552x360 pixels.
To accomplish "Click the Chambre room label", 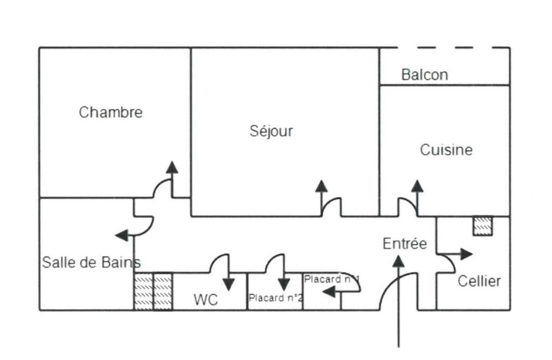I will tap(111, 113).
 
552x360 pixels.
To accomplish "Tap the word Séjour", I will tap(271, 131).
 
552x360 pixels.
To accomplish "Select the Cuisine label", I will tap(446, 150).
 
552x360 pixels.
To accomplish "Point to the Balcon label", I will tap(424, 75).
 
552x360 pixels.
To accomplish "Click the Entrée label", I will tap(404, 244).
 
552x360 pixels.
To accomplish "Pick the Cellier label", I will tap(479, 281).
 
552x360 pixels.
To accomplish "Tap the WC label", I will tap(206, 300).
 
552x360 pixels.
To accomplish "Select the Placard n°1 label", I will tap(332, 279).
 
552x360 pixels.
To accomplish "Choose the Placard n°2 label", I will tap(275, 297).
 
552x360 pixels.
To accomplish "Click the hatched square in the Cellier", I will tap(482, 226).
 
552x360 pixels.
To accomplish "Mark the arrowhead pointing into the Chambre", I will tap(172, 167).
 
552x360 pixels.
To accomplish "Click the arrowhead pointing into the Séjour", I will tap(321, 186).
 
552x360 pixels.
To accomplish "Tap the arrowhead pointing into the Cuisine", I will tap(417, 186).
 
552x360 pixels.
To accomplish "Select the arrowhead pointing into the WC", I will tap(229, 284).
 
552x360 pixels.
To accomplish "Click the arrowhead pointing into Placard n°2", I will tap(284, 285).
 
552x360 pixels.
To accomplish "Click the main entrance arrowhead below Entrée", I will tap(398, 261).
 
